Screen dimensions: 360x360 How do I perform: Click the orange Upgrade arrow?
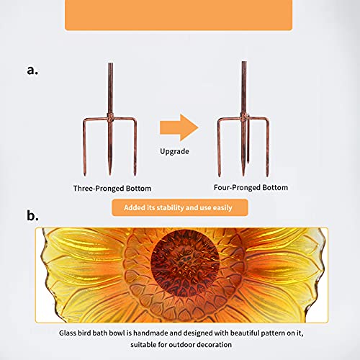click(x=179, y=127)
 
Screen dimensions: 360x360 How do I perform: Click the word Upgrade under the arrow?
click(x=174, y=151)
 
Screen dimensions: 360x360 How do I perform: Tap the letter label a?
click(x=32, y=71)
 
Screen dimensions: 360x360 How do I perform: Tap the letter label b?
click(x=32, y=215)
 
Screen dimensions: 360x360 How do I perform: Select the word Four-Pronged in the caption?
click(x=236, y=188)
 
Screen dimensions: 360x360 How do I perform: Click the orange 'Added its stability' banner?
click(x=180, y=207)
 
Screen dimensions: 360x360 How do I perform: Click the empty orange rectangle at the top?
click(x=179, y=15)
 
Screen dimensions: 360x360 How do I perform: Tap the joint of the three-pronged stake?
click(x=110, y=117)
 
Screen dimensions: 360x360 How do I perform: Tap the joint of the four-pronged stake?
click(x=244, y=117)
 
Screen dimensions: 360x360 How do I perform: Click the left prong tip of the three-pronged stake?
click(x=84, y=175)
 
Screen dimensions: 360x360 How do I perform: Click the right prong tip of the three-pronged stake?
click(x=135, y=175)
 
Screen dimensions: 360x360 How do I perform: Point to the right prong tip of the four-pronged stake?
click(x=267, y=176)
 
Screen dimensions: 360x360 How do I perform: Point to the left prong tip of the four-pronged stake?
click(x=219, y=176)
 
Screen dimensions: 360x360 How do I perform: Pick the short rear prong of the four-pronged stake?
click(x=248, y=139)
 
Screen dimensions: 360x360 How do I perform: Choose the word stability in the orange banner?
click(x=171, y=208)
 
